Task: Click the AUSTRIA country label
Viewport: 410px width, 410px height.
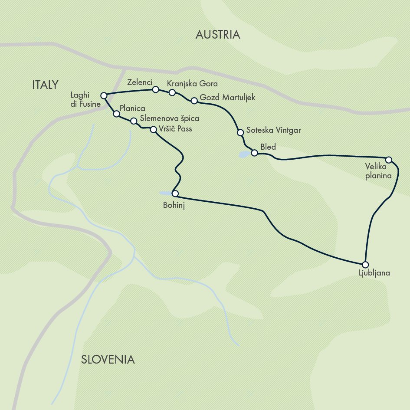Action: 218,35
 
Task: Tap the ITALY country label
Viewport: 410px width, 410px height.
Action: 45,85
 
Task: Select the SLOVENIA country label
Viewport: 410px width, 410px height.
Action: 108,359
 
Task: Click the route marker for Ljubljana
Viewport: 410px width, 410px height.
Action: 365,264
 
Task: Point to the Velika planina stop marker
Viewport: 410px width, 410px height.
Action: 389,160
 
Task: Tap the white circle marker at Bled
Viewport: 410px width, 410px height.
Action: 255,152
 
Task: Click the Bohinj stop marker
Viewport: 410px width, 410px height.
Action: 175,194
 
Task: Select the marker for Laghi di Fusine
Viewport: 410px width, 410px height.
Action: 104,95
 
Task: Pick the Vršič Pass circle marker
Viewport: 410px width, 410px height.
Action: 153,129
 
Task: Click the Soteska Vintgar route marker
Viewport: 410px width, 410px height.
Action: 239,132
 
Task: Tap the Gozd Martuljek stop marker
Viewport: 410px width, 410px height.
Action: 194,101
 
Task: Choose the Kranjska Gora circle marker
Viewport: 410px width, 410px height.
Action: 172,92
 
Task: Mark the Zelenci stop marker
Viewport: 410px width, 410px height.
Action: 155,89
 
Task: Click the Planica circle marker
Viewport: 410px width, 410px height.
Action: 116,114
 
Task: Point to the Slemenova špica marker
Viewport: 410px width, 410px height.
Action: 134,121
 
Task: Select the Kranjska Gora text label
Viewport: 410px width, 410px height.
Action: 192,83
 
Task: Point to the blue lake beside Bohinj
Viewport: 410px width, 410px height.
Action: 166,193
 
